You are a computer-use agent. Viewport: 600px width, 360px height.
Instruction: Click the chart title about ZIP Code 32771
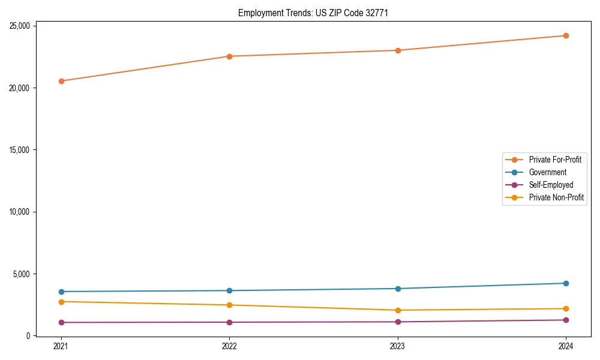(x=313, y=13)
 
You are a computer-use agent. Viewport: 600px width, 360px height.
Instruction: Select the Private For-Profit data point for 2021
(x=61, y=81)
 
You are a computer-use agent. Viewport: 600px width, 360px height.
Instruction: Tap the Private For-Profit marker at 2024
(x=566, y=35)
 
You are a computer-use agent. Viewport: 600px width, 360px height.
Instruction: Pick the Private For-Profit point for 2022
(x=229, y=56)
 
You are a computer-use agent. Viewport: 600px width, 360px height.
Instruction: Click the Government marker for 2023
(x=398, y=289)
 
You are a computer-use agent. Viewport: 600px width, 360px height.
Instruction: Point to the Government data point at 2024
(x=566, y=283)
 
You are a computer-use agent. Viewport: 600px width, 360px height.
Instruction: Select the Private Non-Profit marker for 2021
(x=61, y=302)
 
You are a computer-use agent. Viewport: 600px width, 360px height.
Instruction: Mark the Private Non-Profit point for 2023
(x=398, y=310)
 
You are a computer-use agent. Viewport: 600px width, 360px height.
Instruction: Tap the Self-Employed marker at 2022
(x=229, y=322)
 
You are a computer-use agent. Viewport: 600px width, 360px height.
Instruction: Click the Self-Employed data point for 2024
(x=566, y=320)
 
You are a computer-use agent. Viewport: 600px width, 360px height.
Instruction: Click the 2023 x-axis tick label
(x=398, y=346)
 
